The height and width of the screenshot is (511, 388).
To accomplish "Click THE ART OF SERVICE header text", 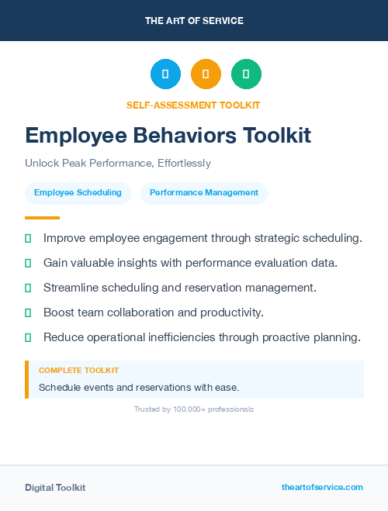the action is pyautogui.click(x=194, y=21).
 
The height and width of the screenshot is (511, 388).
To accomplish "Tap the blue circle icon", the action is pyautogui.click(x=165, y=74).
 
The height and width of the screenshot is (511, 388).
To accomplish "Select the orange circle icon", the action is pyautogui.click(x=206, y=74).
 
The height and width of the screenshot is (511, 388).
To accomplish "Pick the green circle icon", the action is pyautogui.click(x=246, y=74).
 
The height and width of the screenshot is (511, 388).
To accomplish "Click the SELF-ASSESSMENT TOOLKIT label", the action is pyautogui.click(x=193, y=105).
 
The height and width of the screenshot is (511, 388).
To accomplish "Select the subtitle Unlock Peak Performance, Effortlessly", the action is pyautogui.click(x=117, y=164).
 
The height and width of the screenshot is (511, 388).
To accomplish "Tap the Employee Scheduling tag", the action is pyautogui.click(x=78, y=193).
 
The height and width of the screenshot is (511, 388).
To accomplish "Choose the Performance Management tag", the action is pyautogui.click(x=204, y=193).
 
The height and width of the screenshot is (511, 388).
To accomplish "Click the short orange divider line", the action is pyautogui.click(x=42, y=218).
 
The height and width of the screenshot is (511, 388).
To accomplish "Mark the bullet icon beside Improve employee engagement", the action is pyautogui.click(x=28, y=238).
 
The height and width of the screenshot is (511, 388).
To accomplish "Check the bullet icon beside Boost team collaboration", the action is pyautogui.click(x=28, y=312).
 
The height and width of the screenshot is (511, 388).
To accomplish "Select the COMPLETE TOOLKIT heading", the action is pyautogui.click(x=78, y=371).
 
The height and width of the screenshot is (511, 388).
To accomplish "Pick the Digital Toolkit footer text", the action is pyautogui.click(x=55, y=488).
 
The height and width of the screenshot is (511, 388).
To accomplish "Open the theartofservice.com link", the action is pyautogui.click(x=322, y=487).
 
